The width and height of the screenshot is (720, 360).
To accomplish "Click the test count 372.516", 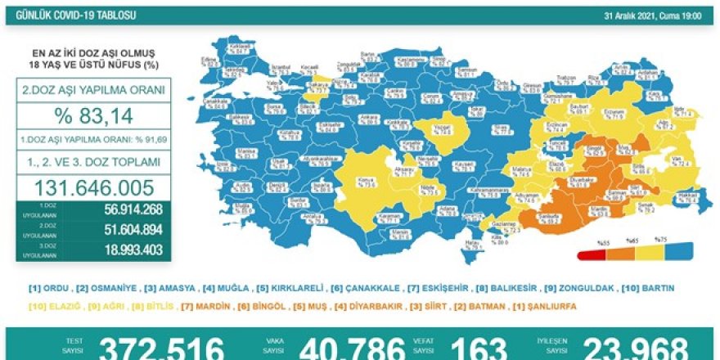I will coord(161,349).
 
